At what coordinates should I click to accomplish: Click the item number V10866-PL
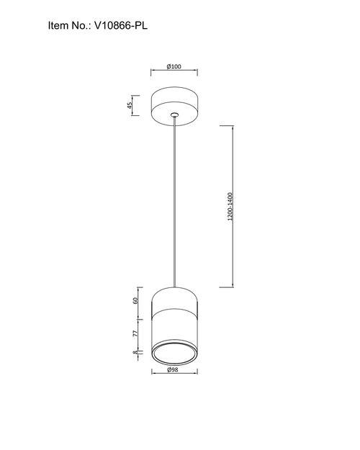[x=121, y=26]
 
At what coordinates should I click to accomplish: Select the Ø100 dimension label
[x=174, y=66]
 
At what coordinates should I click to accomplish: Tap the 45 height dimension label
[x=130, y=105]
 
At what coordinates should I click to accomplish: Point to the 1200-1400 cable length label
[x=230, y=207]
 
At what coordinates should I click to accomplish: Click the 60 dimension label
[x=135, y=300]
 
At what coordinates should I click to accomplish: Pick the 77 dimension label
[x=135, y=333]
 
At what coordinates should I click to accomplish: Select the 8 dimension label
[x=135, y=352]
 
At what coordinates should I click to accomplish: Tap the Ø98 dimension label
[x=173, y=369]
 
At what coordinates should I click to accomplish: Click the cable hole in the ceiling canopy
[x=174, y=115]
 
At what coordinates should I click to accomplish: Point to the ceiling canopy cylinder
[x=174, y=106]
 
